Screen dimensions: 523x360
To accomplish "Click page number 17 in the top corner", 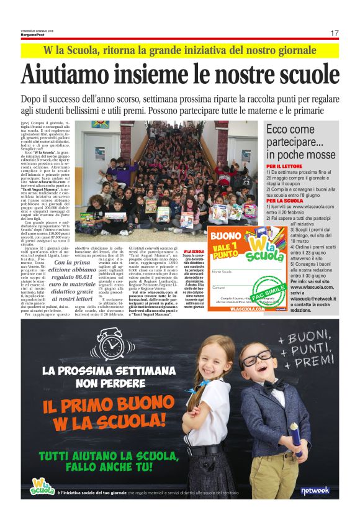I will tap(335, 32).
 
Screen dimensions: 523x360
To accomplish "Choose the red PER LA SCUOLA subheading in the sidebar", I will tap(284, 201).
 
